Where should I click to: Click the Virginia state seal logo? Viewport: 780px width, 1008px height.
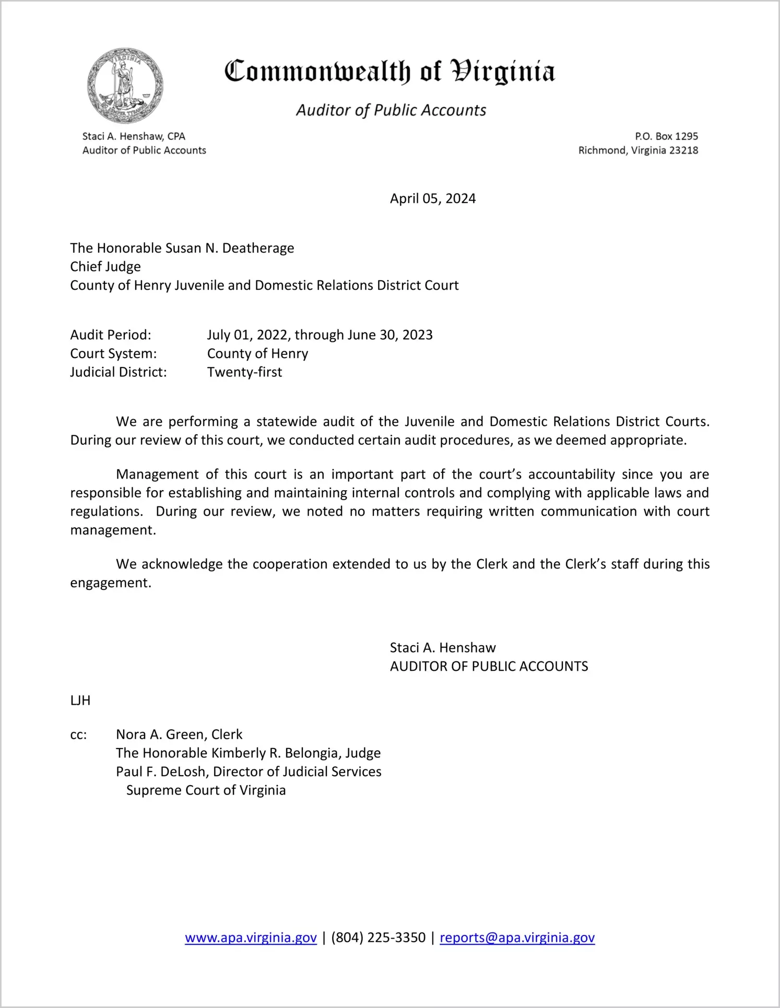click(125, 86)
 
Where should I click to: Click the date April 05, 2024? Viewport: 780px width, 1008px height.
click(432, 198)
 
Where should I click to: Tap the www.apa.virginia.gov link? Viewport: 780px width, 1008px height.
click(251, 938)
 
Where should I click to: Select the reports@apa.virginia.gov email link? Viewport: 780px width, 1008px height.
click(517, 938)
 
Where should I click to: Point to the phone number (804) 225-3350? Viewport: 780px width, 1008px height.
click(378, 938)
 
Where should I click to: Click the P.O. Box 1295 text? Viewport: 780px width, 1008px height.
click(666, 136)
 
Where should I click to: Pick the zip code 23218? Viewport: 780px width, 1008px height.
click(683, 150)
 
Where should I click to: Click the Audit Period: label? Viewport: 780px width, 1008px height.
click(111, 335)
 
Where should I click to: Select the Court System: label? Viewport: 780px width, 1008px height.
click(113, 353)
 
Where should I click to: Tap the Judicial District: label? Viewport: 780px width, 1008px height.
click(119, 372)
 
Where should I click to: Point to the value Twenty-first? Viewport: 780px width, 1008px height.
click(244, 372)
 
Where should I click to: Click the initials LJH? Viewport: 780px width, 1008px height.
click(80, 701)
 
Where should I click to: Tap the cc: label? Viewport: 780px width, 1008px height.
click(78, 734)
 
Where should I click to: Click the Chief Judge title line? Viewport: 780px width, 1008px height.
click(105, 267)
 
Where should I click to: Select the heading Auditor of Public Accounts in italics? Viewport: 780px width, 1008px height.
click(391, 110)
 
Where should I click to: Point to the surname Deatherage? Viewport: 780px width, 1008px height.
click(258, 248)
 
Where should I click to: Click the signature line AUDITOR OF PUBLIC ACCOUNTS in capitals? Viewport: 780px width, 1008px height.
click(489, 667)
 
